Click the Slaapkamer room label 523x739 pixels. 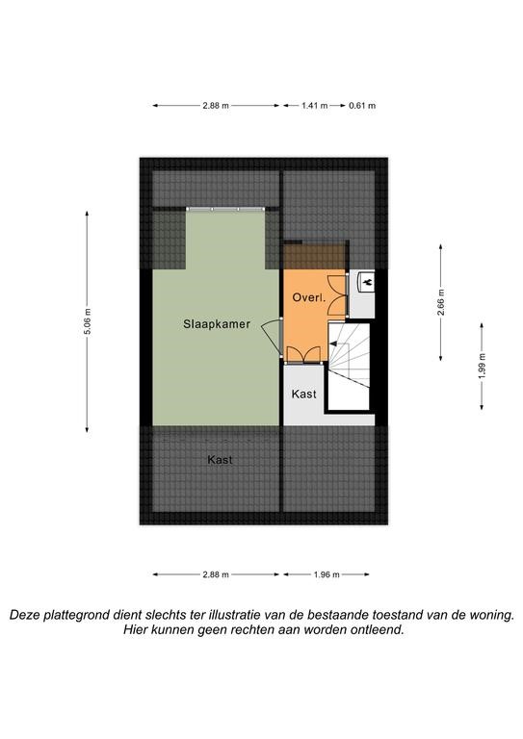tap(217, 324)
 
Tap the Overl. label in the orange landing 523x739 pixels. tap(309, 297)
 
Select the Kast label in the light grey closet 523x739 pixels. tap(303, 394)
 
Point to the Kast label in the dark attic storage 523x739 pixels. tap(220, 460)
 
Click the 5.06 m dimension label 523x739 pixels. tap(88, 321)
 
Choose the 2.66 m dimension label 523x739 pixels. tap(441, 302)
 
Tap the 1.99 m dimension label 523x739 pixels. tap(482, 366)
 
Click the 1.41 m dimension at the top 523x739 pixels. tap(315, 106)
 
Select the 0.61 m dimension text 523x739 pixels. tap(362, 106)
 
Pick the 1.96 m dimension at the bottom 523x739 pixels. tap(327, 574)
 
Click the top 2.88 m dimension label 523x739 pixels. tap(216, 106)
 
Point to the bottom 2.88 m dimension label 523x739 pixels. tap(216, 574)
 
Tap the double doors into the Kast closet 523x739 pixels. tap(304, 355)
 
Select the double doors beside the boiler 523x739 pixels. tap(338, 295)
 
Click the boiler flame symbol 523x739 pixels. tap(367, 282)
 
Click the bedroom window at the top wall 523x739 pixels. tap(225, 209)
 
